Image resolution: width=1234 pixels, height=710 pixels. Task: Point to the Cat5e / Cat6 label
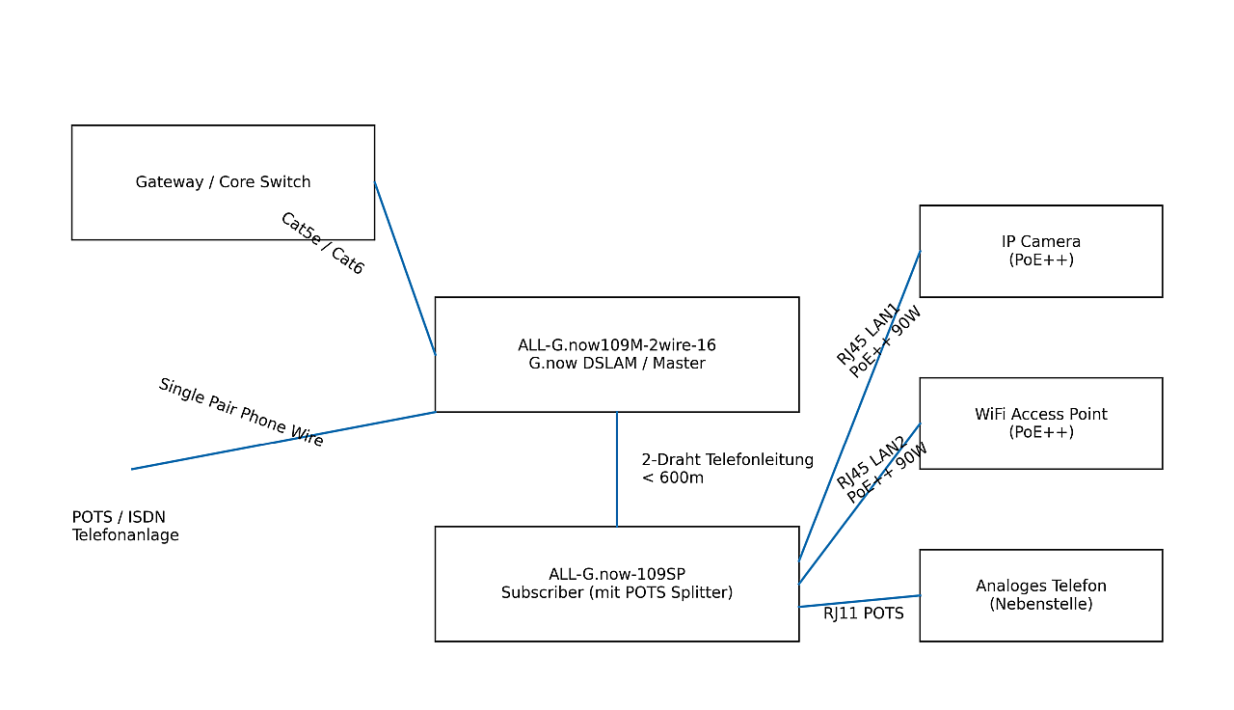tap(322, 244)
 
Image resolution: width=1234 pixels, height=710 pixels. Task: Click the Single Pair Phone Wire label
tap(241, 413)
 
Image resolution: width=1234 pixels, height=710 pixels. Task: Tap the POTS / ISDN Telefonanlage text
tap(125, 527)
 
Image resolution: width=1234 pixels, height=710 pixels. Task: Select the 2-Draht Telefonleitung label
tap(727, 460)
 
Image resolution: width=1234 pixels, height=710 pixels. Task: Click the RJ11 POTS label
tap(864, 614)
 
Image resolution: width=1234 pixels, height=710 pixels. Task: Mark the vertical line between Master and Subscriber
tap(617, 470)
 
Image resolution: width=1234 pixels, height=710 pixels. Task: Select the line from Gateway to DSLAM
tap(405, 268)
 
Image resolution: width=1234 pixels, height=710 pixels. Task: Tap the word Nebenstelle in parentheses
tap(1041, 605)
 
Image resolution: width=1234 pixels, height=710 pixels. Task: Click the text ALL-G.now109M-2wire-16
tap(617, 345)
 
